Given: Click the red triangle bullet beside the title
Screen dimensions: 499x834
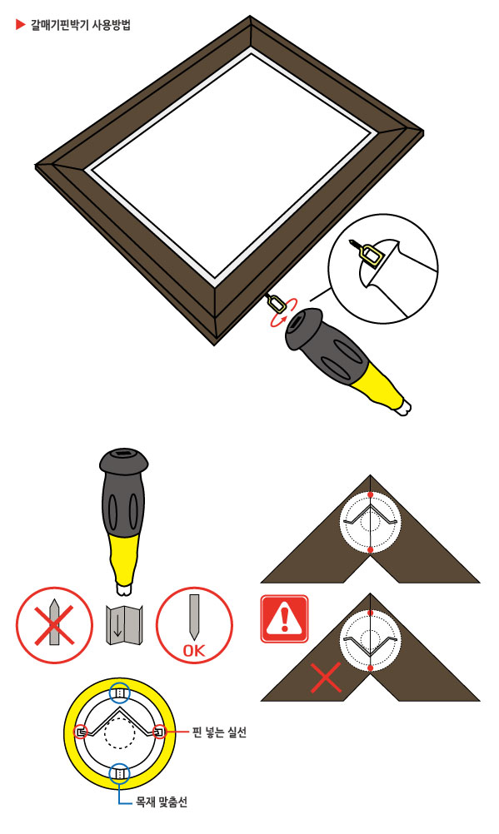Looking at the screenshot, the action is [x=20, y=24].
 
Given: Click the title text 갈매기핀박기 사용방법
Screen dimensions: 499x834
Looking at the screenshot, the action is [x=81, y=24].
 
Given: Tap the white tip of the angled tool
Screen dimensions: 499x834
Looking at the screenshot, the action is [x=403, y=408].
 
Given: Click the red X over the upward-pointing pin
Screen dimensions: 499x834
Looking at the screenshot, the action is [x=54, y=624].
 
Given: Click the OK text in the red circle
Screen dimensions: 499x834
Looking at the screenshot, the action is [x=194, y=650].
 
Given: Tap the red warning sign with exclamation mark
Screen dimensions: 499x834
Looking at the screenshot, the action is [x=284, y=618].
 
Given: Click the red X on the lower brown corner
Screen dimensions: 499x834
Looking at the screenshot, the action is [x=326, y=677].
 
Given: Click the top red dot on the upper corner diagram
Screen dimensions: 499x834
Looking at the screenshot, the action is [x=370, y=494].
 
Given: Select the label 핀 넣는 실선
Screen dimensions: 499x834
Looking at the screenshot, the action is [x=219, y=732].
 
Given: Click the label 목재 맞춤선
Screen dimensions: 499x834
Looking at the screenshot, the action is [x=162, y=801].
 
